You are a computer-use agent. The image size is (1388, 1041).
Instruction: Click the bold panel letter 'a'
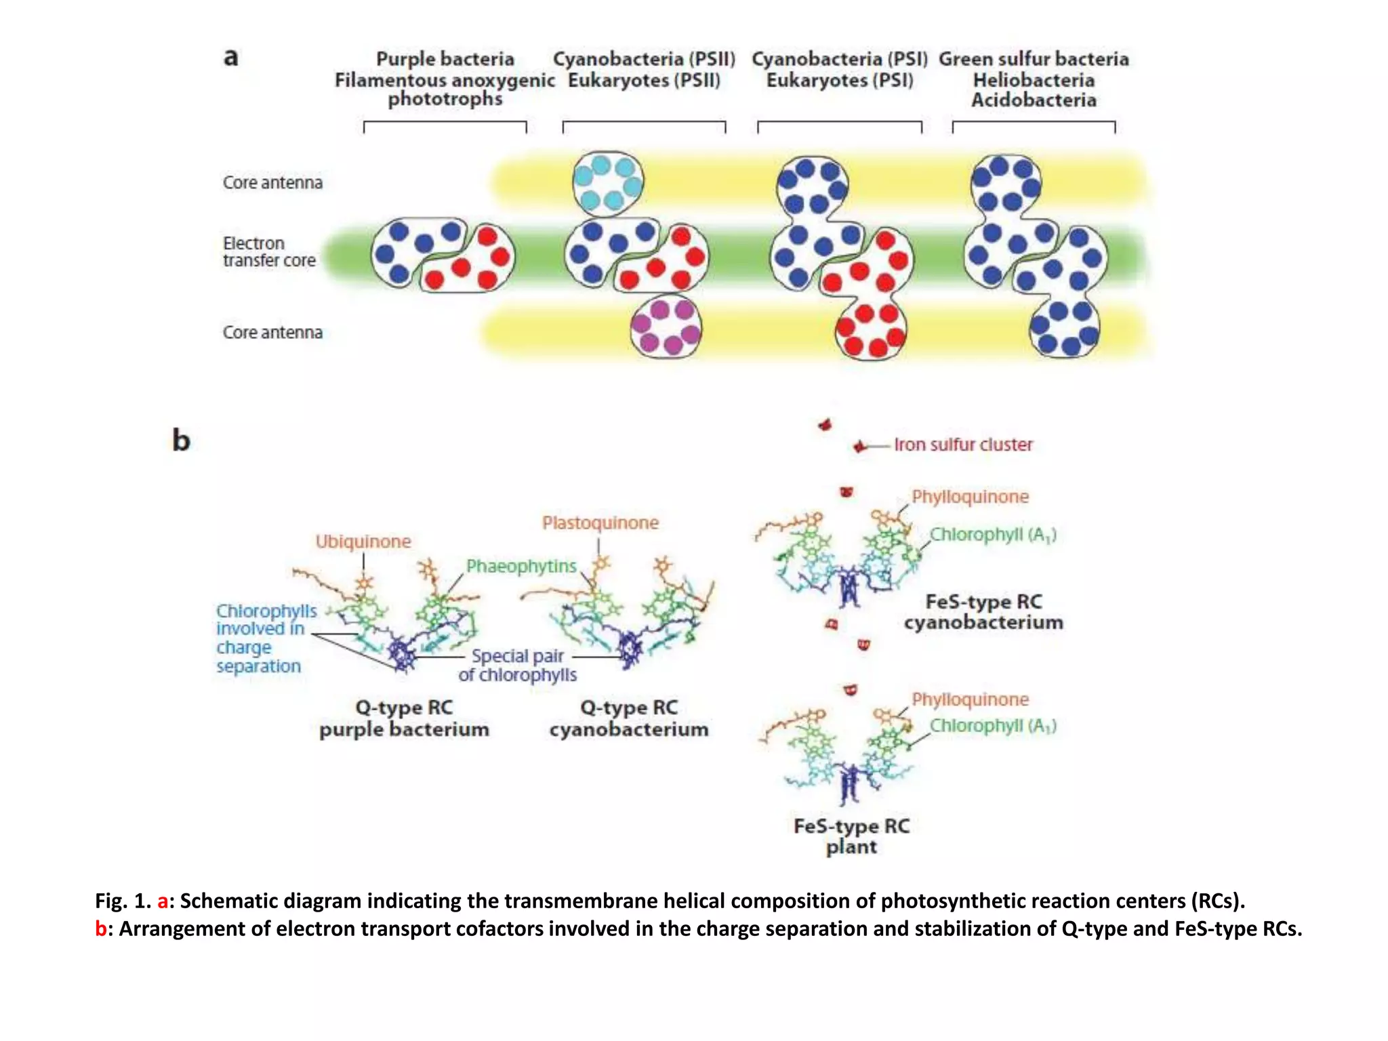pyautogui.click(x=231, y=58)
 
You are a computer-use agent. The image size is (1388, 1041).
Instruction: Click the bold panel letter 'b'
pyautogui.click(x=181, y=441)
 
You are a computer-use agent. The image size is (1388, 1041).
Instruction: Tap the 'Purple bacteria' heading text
pyautogui.click(x=445, y=59)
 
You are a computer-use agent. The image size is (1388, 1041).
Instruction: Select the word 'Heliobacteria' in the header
pyautogui.click(x=1034, y=80)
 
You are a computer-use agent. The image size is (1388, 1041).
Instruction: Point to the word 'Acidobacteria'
pyautogui.click(x=1034, y=100)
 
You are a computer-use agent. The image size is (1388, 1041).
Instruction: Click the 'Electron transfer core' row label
pyautogui.click(x=269, y=251)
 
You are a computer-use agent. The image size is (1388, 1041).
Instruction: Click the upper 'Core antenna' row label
pyautogui.click(x=272, y=182)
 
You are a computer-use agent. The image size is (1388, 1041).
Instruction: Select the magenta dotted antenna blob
pyautogui.click(x=666, y=327)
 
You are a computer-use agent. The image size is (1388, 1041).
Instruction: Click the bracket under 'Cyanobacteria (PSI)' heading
pyautogui.click(x=839, y=124)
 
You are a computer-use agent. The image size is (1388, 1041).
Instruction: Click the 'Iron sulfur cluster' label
pyautogui.click(x=963, y=445)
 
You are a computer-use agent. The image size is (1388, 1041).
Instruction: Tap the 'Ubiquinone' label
pyautogui.click(x=363, y=542)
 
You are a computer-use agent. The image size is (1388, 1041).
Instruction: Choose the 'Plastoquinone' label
pyautogui.click(x=600, y=523)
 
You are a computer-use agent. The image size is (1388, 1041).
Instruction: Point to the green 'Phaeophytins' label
pyautogui.click(x=521, y=566)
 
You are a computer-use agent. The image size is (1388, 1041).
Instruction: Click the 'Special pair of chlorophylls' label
pyautogui.click(x=518, y=666)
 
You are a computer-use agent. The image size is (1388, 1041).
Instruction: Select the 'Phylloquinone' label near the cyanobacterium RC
pyautogui.click(x=970, y=497)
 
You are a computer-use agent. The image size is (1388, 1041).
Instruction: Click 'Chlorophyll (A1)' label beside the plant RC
pyautogui.click(x=992, y=726)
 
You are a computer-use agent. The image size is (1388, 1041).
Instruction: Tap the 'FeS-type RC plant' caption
pyautogui.click(x=851, y=836)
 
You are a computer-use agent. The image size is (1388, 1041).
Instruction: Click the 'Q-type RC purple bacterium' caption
pyautogui.click(x=404, y=718)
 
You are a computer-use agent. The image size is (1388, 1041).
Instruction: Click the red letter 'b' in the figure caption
pyautogui.click(x=100, y=928)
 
